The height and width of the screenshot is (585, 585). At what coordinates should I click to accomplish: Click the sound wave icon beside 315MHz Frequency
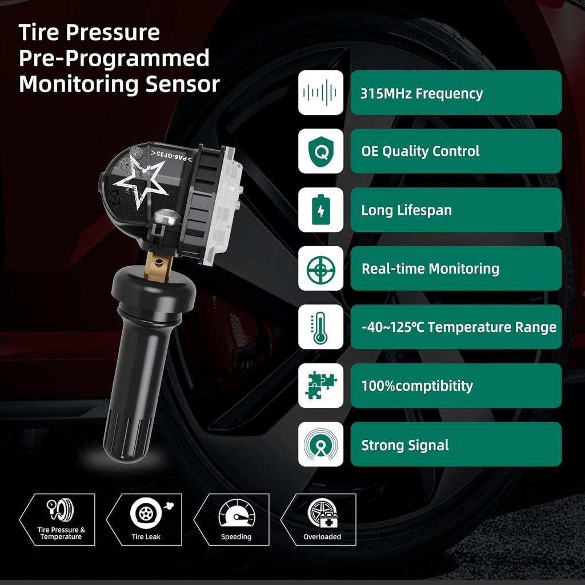320,93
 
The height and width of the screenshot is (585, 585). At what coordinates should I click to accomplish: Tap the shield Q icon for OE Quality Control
320,151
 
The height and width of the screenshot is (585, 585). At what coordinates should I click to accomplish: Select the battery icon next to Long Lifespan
320,210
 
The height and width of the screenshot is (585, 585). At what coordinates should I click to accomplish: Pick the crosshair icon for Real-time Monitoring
320,269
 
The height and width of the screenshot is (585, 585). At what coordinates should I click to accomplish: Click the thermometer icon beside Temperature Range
320,327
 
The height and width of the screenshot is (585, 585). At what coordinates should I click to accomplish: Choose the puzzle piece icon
320,386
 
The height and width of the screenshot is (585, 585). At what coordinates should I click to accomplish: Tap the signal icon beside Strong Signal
320,444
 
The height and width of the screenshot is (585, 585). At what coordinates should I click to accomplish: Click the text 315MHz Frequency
422,94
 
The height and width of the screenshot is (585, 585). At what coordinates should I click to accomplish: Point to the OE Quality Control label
420,151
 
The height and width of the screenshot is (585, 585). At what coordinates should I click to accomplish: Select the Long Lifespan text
406,210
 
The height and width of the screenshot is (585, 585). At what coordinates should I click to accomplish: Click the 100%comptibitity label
417,386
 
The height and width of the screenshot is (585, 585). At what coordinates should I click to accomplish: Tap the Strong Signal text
405,445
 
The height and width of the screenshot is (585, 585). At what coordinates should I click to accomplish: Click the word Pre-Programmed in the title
114,58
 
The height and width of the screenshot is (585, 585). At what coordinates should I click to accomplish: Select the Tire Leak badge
146,519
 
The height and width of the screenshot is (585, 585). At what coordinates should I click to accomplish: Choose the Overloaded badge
322,519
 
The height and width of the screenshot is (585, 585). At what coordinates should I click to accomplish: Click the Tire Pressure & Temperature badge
60,519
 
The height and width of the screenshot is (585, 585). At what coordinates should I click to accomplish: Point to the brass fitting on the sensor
158,266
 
